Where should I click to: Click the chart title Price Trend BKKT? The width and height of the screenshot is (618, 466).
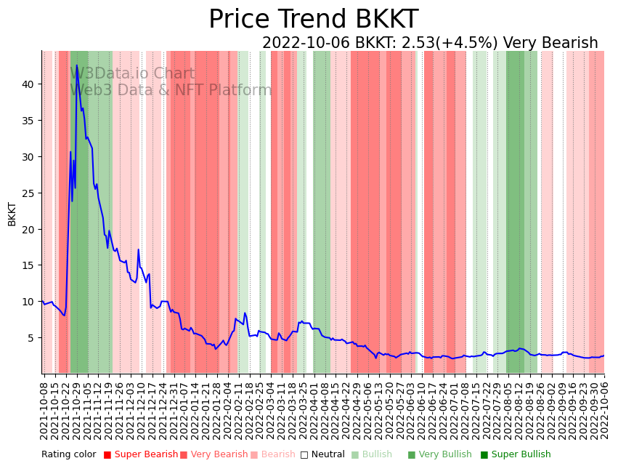click(313, 20)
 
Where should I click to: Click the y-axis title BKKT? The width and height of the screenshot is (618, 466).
click(12, 214)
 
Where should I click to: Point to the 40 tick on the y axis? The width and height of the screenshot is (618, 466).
click(28, 84)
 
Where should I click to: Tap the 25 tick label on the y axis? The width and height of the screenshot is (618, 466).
click(28, 193)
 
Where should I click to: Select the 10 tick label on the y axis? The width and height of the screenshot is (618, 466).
click(28, 302)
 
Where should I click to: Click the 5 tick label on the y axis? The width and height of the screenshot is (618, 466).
click(31, 338)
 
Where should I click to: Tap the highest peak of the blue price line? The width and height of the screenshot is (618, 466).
click(77, 65)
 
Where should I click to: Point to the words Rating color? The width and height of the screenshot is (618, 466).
click(68, 455)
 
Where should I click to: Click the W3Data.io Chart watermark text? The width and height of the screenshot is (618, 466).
click(132, 74)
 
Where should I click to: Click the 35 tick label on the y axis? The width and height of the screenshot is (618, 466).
click(28, 121)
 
